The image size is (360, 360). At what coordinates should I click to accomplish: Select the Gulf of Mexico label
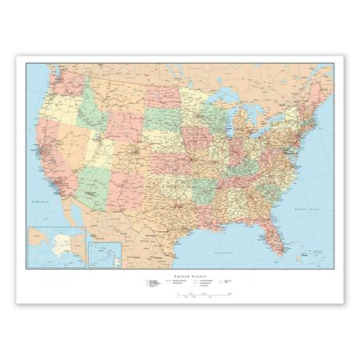[x=214, y=227]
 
